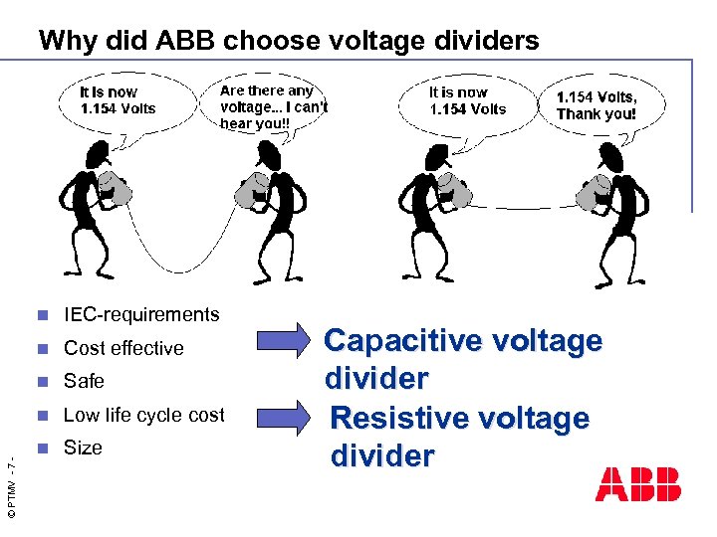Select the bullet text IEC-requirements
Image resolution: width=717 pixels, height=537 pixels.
(x=141, y=315)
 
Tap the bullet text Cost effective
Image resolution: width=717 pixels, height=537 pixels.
(x=123, y=348)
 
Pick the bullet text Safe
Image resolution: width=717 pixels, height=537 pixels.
(x=84, y=381)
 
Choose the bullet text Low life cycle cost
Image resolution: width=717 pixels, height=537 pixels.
(x=144, y=415)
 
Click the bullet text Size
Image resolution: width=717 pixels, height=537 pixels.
(x=83, y=447)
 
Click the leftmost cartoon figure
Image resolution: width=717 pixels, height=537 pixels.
(x=94, y=209)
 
